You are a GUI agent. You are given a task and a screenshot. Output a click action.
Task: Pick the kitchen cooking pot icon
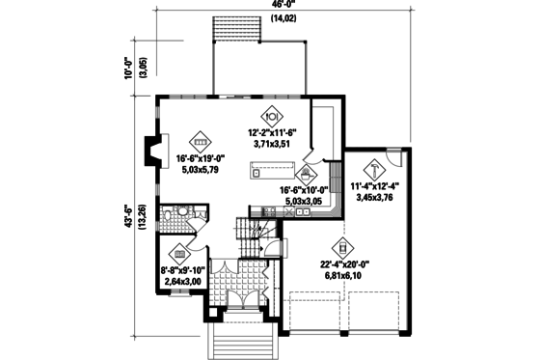(x=305, y=174)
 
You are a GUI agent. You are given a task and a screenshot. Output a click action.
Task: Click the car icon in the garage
(x=341, y=248)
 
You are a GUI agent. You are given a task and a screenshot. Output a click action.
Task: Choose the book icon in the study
(x=178, y=253)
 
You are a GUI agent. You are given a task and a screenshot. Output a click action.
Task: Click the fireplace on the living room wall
(x=150, y=152)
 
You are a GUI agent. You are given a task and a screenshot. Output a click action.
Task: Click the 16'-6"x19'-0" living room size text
(x=200, y=159)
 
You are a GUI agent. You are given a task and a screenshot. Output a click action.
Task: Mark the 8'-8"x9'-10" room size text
(x=178, y=271)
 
